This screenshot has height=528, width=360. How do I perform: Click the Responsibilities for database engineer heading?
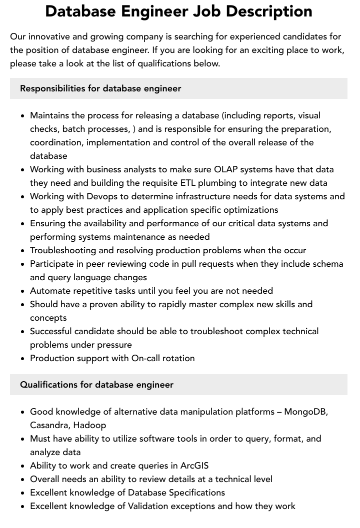click(x=100, y=88)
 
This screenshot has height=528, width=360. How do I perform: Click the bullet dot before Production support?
click(x=22, y=359)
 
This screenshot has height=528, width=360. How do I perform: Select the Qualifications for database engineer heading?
click(x=96, y=385)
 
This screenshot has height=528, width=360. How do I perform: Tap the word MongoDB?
click(x=306, y=412)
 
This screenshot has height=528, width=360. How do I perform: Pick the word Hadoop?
click(x=89, y=425)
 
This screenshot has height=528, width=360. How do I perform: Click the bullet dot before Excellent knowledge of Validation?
click(x=22, y=507)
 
